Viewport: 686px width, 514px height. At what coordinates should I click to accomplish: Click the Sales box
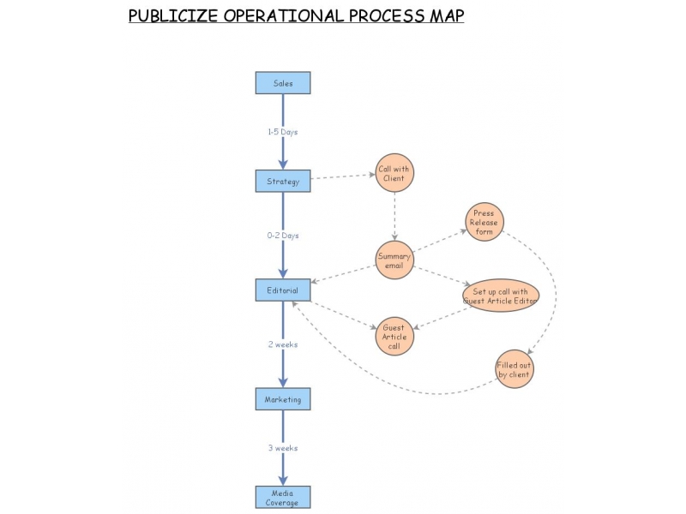(283, 83)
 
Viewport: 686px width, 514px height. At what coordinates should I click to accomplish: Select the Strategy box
(283, 181)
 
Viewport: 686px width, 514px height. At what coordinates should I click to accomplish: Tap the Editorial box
(283, 290)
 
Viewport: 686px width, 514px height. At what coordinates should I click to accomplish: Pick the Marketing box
(283, 399)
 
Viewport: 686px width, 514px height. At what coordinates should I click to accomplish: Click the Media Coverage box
(283, 498)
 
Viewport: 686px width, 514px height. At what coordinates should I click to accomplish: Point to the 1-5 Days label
(283, 132)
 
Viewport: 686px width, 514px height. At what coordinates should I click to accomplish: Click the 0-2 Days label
(283, 236)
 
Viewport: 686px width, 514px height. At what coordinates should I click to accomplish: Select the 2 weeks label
(283, 344)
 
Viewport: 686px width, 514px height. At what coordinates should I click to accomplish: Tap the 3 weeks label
(283, 448)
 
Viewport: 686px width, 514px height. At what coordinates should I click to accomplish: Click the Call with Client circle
(394, 173)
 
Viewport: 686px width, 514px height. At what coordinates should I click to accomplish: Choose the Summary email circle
(394, 260)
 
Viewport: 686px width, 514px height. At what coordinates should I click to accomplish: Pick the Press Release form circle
(484, 222)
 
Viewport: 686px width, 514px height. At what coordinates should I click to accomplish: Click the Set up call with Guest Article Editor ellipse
(501, 296)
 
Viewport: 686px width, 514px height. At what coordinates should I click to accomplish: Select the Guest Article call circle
(394, 337)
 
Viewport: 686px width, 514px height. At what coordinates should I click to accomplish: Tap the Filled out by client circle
(514, 369)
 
